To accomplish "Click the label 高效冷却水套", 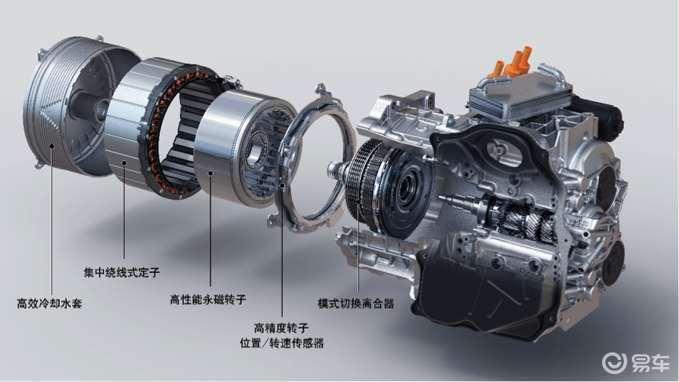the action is [x=49, y=304].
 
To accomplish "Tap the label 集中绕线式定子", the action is [x=122, y=272].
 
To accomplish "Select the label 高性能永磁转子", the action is [x=208, y=300].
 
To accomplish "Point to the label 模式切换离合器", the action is [x=356, y=304].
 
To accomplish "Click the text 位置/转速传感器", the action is [x=282, y=344].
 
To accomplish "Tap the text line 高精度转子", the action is [x=282, y=328].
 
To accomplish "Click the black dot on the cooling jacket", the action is [x=52, y=146].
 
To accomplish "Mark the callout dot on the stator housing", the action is [x=124, y=163].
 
